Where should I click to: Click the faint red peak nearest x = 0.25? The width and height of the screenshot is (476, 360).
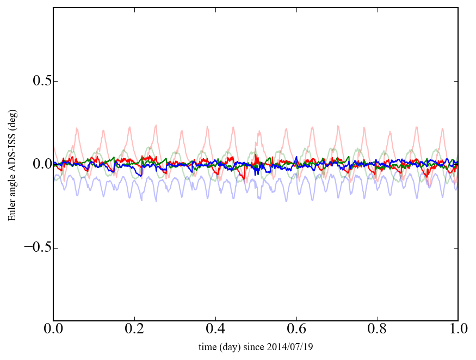pos(156,125)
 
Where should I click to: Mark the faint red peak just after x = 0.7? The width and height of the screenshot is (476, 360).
pos(338,126)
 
